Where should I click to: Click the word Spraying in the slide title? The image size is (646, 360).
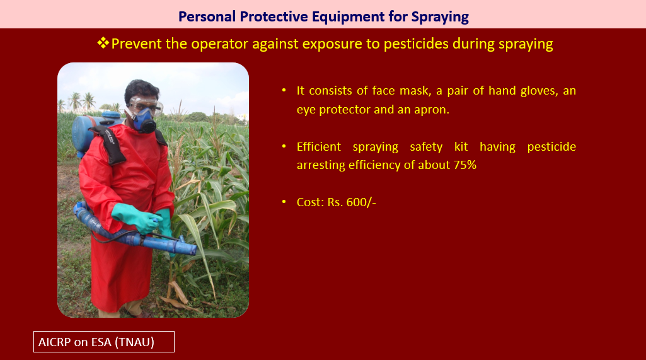pyautogui.click(x=439, y=17)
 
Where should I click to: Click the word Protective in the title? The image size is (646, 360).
pyautogui.click(x=274, y=16)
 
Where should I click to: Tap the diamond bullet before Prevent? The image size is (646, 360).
pyautogui.click(x=103, y=42)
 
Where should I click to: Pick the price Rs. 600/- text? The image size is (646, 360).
pyautogui.click(x=352, y=202)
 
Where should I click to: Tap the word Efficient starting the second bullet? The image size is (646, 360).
pyautogui.click(x=319, y=146)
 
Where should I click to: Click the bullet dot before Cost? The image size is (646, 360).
pyautogui.click(x=284, y=202)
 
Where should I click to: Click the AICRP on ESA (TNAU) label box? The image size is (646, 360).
pyautogui.click(x=104, y=342)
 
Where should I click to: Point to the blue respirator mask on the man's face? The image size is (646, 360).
pyautogui.click(x=144, y=120)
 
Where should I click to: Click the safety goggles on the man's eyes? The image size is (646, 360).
pyautogui.click(x=145, y=105)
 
